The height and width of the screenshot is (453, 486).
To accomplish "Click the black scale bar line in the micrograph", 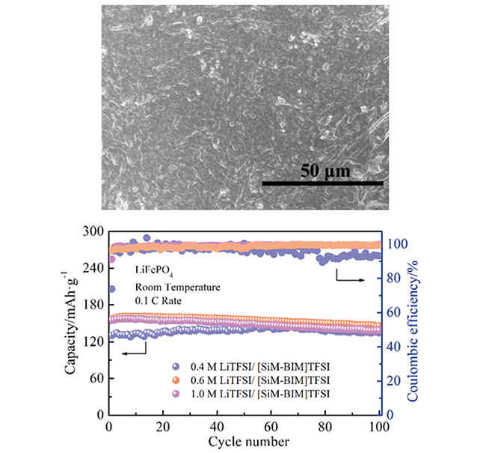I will pyautogui.click(x=322, y=182).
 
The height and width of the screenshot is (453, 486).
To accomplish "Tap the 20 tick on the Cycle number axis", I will pyautogui.click(x=164, y=428).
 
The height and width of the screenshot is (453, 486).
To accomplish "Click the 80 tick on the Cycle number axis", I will pyautogui.click(x=325, y=428).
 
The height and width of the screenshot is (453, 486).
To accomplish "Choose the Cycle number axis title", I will pyautogui.click(x=245, y=442).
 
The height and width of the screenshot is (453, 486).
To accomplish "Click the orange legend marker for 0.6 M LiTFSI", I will pyautogui.click(x=176, y=380).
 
